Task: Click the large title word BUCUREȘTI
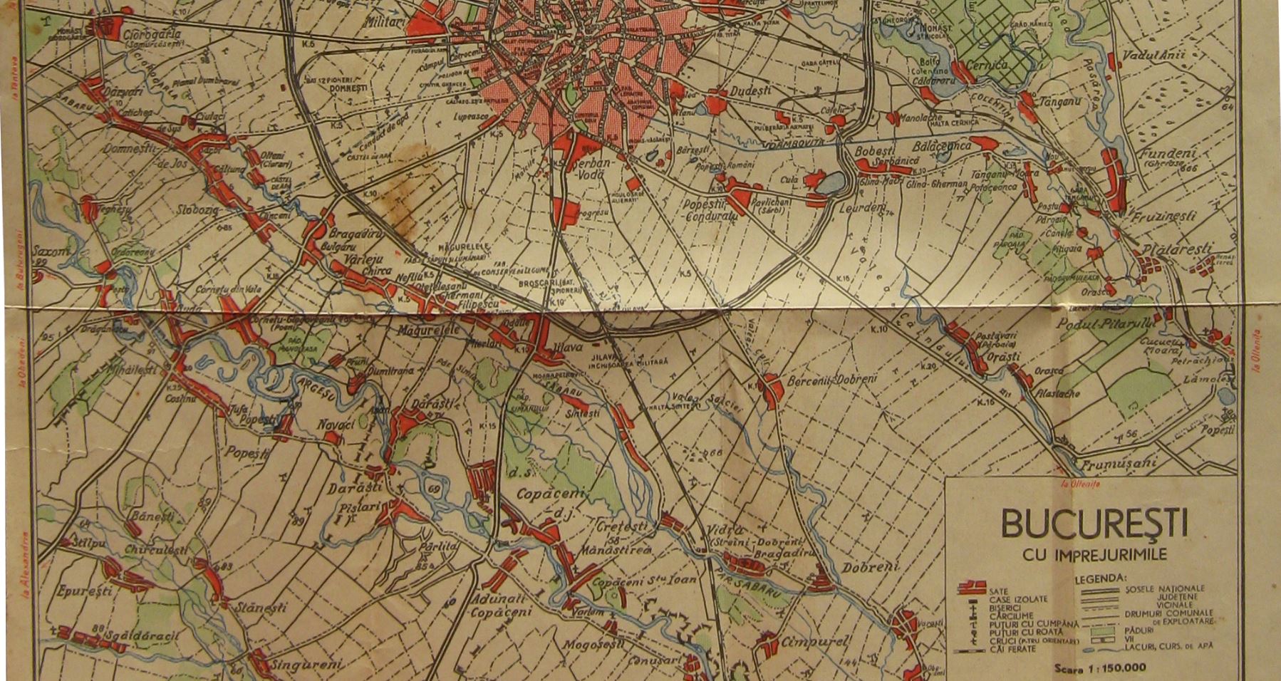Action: [1094, 524]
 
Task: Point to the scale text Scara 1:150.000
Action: [1100, 668]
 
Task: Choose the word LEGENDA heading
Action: [1100, 578]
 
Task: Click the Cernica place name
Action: [987, 65]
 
